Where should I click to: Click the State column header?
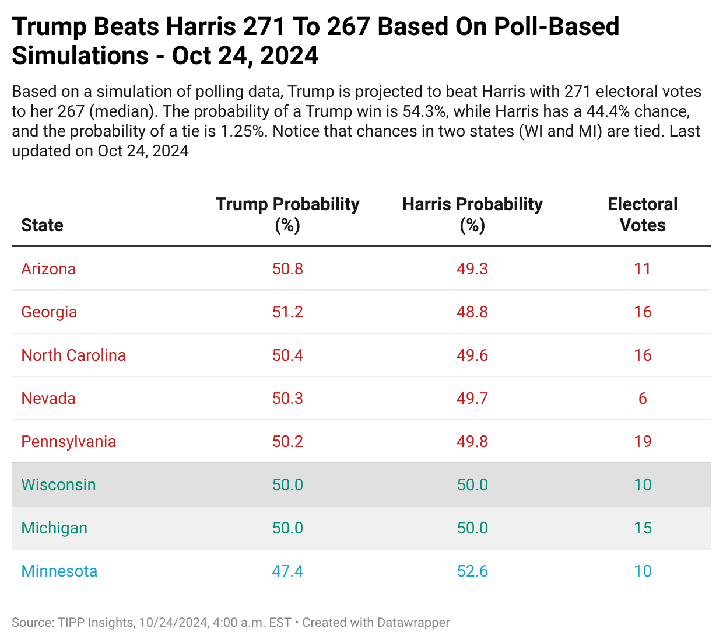pos(42,225)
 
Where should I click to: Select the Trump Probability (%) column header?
pos(287,214)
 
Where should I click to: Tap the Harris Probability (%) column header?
pos(472,214)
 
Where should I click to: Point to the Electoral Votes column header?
pos(643,214)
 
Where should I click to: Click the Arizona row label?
pos(48,269)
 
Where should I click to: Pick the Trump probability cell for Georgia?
pos(287,312)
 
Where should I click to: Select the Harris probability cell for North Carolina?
pos(472,355)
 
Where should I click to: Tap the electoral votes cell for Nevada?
pos(643,399)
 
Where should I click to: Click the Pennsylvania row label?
pos(68,442)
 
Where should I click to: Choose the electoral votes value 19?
pos(643,442)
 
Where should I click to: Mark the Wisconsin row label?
pos(58,485)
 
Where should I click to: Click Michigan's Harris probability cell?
pos(472,528)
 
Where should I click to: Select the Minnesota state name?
pos(59,571)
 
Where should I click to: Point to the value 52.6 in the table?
pos(472,571)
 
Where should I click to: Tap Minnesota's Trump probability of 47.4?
pos(287,571)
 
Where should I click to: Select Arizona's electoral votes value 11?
pos(643,269)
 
